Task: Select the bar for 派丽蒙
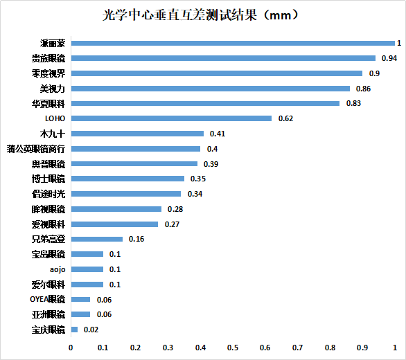click(x=232, y=43)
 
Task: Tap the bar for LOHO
click(x=171, y=118)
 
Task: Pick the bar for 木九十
click(x=137, y=134)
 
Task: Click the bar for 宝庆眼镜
click(x=73, y=330)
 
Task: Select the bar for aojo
click(x=87, y=269)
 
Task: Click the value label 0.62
click(x=285, y=118)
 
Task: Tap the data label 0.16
click(x=136, y=239)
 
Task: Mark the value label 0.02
click(x=91, y=330)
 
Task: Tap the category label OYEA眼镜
click(x=47, y=299)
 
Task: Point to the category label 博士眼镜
click(x=48, y=179)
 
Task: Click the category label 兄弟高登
click(x=48, y=239)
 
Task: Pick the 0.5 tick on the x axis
click(x=233, y=348)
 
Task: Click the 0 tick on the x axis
click(x=71, y=348)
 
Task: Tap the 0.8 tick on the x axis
click(x=330, y=348)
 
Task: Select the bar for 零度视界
click(x=216, y=73)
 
